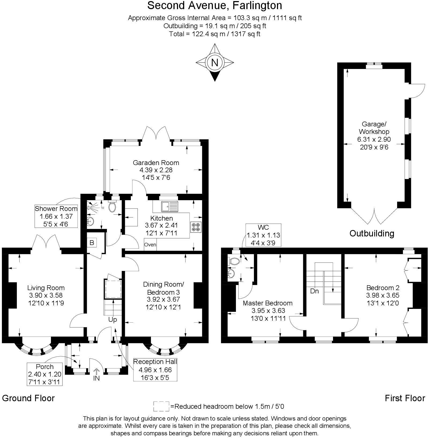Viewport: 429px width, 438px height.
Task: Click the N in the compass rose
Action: point(214,63)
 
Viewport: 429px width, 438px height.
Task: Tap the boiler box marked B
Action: point(92,243)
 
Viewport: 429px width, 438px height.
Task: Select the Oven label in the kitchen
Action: point(150,244)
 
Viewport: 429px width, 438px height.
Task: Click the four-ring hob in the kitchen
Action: point(196,227)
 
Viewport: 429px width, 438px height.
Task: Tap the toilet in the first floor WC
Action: point(234,261)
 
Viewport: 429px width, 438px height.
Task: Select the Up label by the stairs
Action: point(113,320)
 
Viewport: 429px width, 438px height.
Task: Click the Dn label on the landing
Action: point(314,291)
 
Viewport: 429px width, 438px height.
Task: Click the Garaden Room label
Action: point(156,163)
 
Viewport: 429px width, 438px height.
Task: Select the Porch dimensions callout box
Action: point(45,374)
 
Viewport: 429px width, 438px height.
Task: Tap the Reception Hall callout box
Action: point(155,370)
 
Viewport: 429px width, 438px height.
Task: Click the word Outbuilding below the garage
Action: point(372,233)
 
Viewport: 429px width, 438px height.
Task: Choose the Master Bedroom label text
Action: point(267,303)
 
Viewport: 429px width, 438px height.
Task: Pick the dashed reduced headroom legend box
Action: point(161,406)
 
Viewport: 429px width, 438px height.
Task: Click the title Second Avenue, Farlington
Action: point(214,5)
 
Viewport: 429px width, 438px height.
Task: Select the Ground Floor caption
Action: point(28,398)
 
